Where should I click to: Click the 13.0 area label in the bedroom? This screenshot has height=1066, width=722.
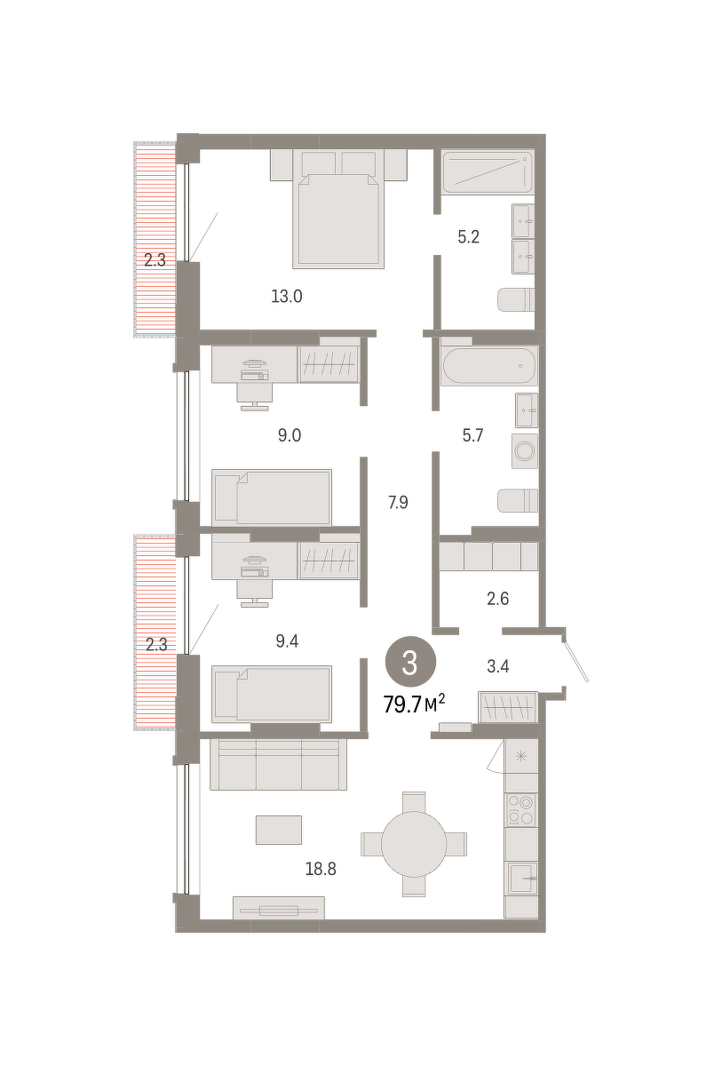click(x=287, y=297)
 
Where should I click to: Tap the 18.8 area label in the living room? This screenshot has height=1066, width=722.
click(x=321, y=869)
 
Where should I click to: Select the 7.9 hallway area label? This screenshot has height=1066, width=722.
click(x=398, y=502)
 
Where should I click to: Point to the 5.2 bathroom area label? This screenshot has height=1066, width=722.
click(x=469, y=236)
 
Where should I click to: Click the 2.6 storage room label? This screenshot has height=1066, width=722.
click(x=498, y=598)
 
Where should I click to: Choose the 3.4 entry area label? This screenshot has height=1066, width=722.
click(x=498, y=666)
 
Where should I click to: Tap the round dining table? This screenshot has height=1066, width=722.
click(x=414, y=844)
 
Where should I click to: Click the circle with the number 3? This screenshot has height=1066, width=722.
click(x=410, y=663)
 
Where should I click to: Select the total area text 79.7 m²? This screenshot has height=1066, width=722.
click(x=414, y=704)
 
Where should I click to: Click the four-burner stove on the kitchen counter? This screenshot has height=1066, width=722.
click(x=521, y=810)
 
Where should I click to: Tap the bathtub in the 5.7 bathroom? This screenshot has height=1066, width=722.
click(x=489, y=365)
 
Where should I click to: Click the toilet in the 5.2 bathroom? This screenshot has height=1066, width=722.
click(x=516, y=300)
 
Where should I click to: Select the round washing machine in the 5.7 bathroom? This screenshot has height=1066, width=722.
click(x=525, y=450)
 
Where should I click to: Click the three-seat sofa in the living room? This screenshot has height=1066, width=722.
click(x=278, y=764)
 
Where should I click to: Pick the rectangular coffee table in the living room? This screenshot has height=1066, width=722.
click(x=279, y=830)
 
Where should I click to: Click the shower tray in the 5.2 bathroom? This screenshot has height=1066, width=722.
click(x=487, y=172)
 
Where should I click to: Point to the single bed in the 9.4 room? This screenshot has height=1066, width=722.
click(x=272, y=694)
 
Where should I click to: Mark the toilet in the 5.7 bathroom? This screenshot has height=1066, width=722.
click(x=518, y=501)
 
